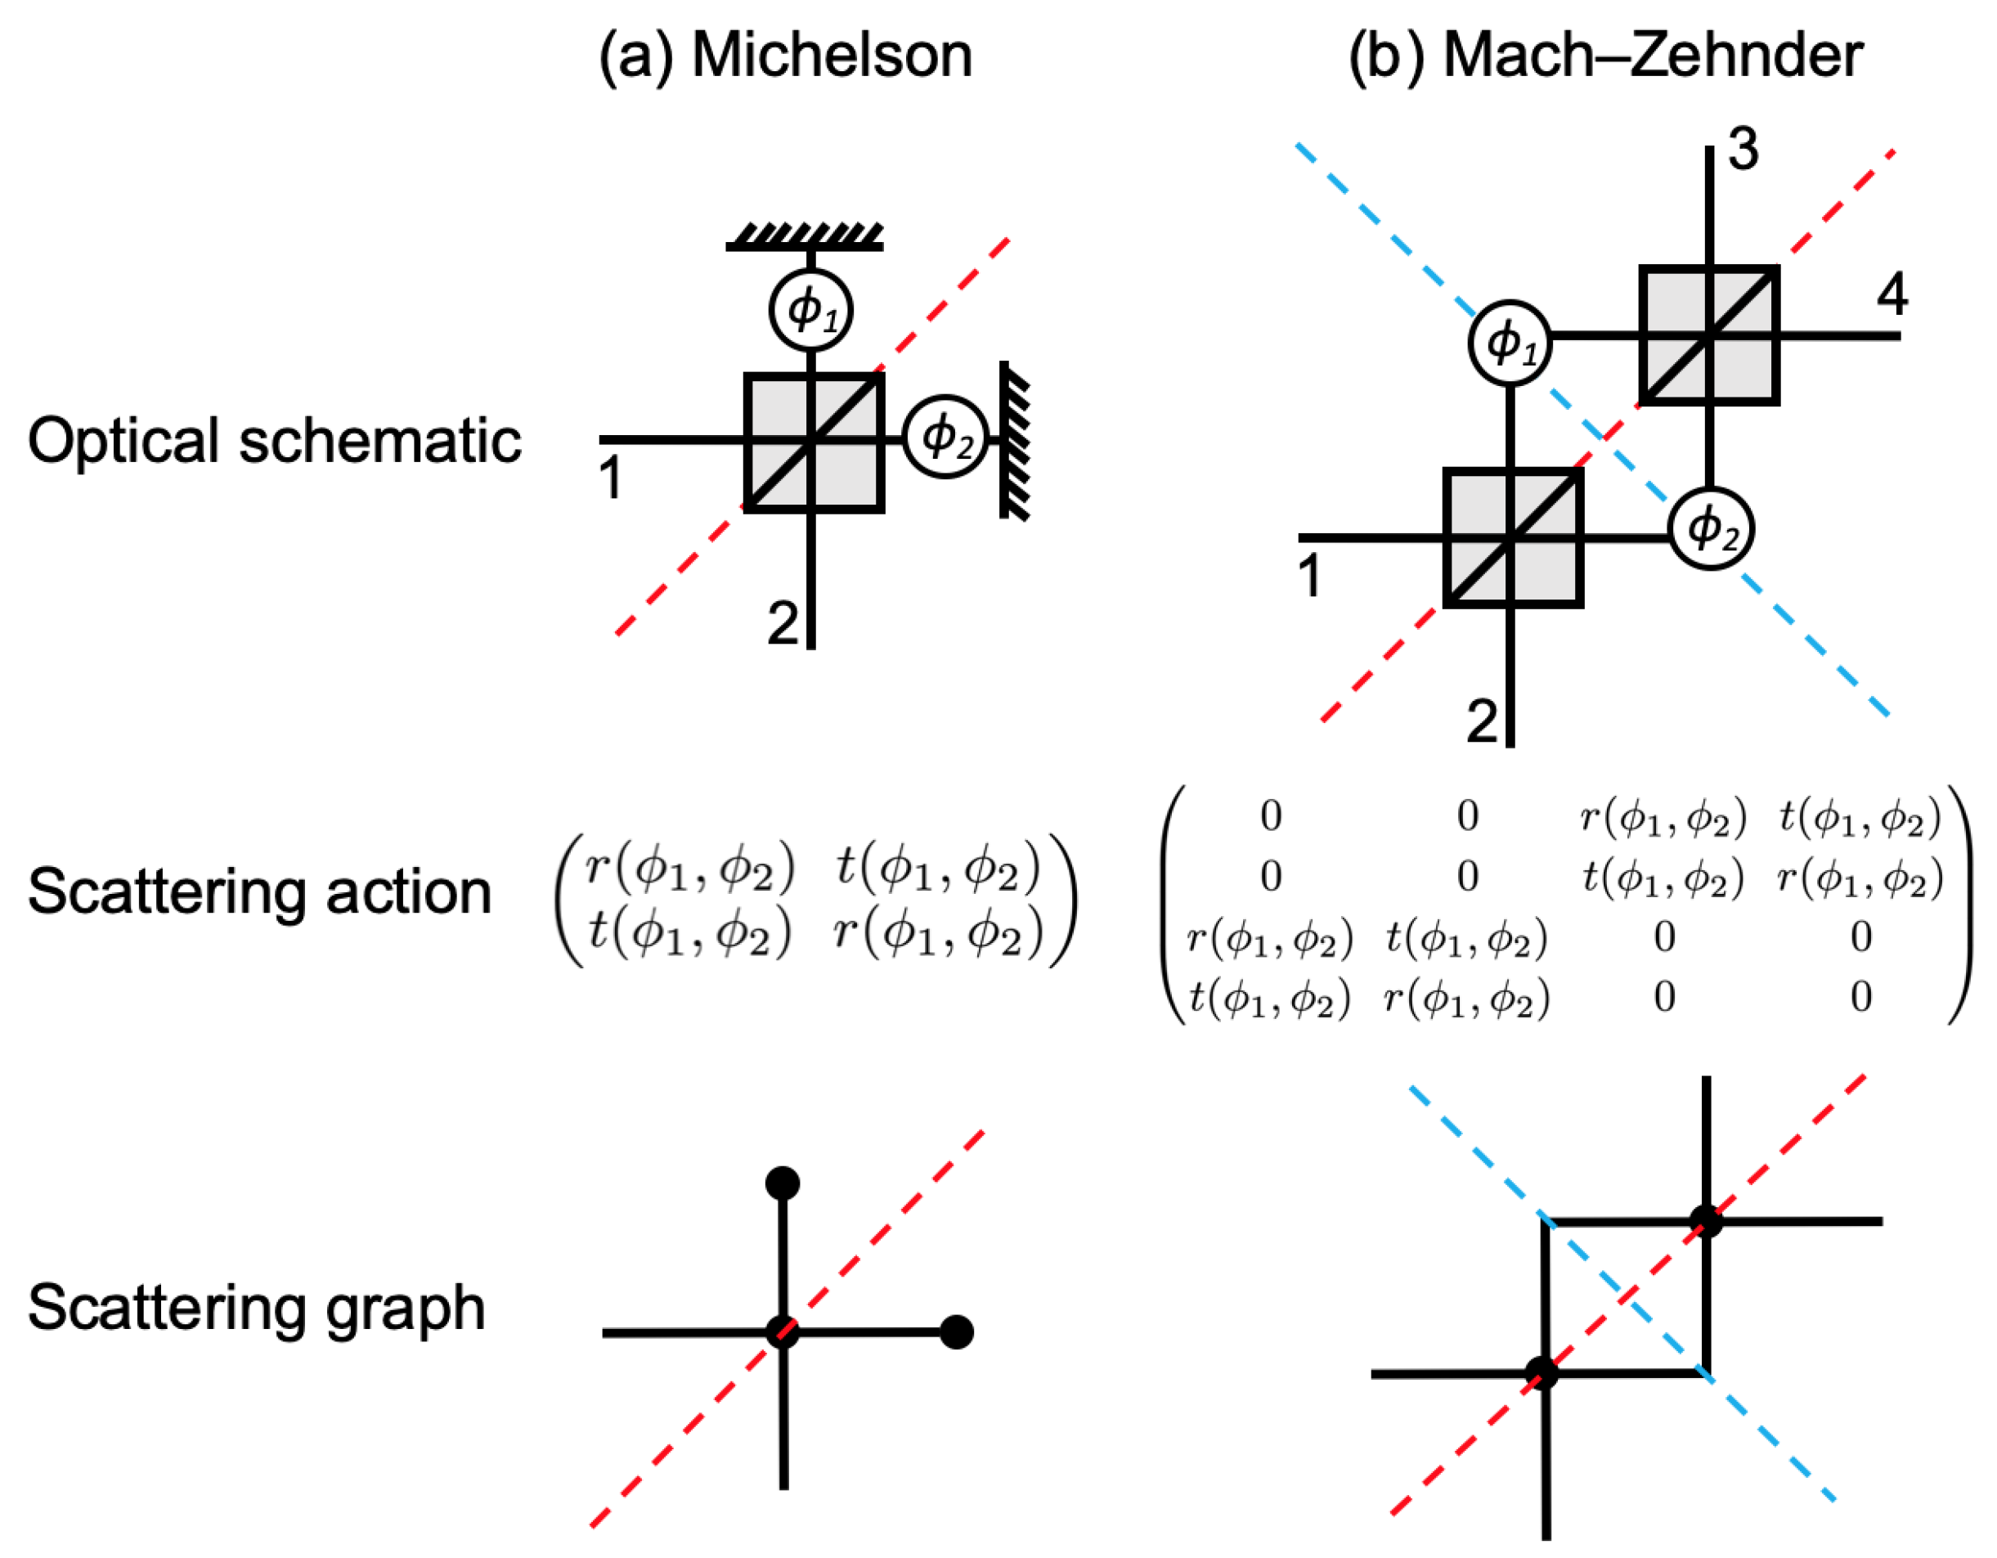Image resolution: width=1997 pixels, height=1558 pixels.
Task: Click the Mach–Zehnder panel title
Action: [1605, 56]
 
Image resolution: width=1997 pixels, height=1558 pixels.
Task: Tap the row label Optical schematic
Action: [274, 441]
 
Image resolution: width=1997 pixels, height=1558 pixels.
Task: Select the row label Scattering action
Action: [260, 891]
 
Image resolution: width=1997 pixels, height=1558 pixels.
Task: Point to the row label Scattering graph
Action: [256, 1308]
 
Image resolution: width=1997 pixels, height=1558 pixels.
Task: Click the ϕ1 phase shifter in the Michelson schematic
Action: [811, 310]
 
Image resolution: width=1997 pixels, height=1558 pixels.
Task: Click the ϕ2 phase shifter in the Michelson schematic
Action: [945, 437]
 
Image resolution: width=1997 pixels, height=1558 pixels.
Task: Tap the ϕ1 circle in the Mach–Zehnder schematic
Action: [1510, 342]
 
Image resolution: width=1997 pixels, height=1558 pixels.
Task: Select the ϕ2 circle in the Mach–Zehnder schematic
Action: [1711, 528]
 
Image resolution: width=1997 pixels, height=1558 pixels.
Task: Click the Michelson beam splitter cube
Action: [814, 442]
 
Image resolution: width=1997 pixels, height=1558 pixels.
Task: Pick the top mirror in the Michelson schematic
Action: [805, 236]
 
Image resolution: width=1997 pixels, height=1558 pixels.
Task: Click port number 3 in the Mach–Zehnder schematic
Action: [1743, 150]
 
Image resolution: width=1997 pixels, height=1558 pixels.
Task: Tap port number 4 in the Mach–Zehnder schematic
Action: [1892, 294]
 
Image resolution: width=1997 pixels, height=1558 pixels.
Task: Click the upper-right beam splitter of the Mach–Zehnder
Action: [1709, 335]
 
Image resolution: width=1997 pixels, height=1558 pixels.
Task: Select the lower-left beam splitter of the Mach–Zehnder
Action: [1514, 537]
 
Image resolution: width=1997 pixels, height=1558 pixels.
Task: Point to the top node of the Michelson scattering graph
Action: [783, 1183]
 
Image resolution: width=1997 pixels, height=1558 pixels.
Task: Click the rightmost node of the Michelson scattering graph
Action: [957, 1332]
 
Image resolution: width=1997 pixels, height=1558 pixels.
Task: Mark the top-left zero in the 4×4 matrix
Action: [1270, 815]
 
